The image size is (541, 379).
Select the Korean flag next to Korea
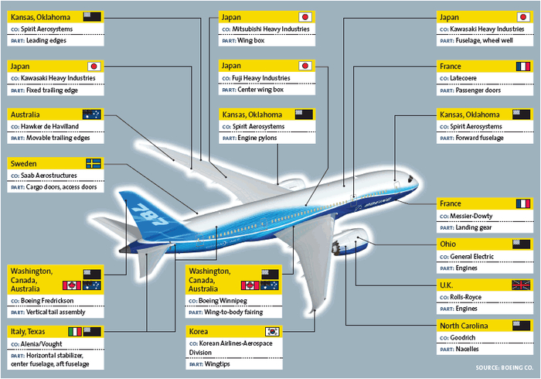coord(271,331)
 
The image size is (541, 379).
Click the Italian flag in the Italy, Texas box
coord(75,331)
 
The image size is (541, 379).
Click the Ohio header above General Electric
coord(448,244)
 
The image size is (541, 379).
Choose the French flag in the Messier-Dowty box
coord(522,204)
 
